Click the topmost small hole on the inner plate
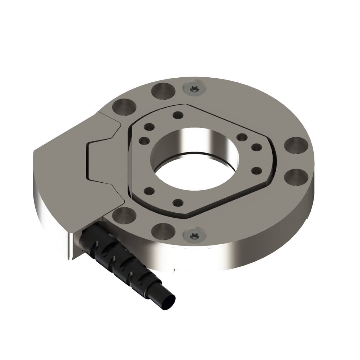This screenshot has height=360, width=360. coord(177,115)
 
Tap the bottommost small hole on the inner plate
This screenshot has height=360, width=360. coord(178,203)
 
